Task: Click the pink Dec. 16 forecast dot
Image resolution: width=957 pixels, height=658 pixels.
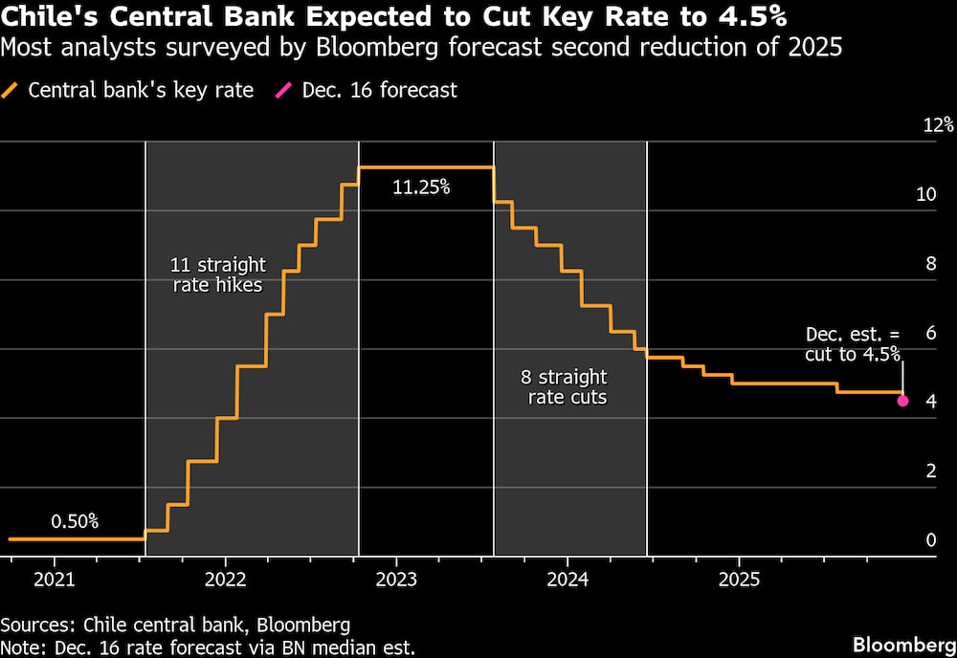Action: point(902,401)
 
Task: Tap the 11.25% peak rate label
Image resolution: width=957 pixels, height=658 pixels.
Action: point(421,187)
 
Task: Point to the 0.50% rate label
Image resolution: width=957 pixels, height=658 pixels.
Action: point(75,521)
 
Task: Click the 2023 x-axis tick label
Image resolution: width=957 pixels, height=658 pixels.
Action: point(396,579)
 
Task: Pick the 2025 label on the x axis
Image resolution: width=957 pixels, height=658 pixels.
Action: point(739,579)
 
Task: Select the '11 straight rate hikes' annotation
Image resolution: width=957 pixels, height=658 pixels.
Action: point(218,274)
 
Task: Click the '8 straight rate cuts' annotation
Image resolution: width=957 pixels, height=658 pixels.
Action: point(567,386)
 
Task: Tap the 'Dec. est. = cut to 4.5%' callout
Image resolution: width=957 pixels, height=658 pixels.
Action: point(853,344)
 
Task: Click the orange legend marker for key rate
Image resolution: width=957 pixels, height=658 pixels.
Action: point(11,91)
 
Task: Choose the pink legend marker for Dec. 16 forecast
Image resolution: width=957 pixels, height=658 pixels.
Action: point(284,91)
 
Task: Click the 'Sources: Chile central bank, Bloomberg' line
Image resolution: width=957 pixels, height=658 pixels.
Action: point(175,625)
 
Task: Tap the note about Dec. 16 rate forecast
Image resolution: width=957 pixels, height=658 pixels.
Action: point(208,647)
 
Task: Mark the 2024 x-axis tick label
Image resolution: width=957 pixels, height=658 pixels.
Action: point(567,579)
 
